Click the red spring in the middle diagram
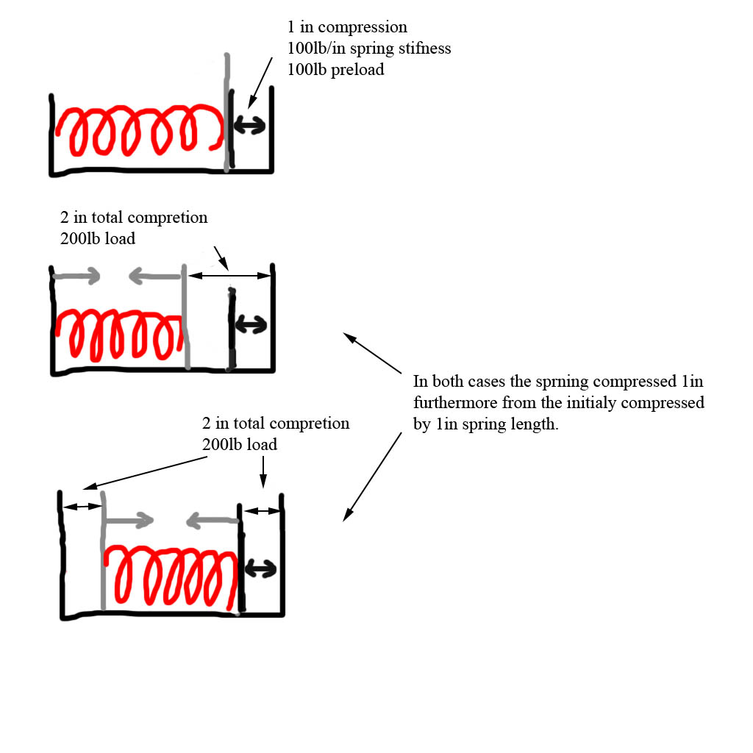click(118, 335)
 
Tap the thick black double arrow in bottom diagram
click(260, 568)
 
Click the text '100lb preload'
click(335, 71)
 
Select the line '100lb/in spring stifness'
click(368, 49)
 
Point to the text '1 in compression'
click(347, 28)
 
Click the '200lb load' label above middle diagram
click(98, 239)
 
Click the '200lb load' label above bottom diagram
click(240, 445)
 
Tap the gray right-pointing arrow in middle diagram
click(77, 276)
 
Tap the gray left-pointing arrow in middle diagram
click(154, 276)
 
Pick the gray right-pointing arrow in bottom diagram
click(128, 521)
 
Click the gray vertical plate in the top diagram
click(227, 110)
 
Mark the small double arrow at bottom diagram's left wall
click(82, 507)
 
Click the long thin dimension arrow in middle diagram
click(229, 276)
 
